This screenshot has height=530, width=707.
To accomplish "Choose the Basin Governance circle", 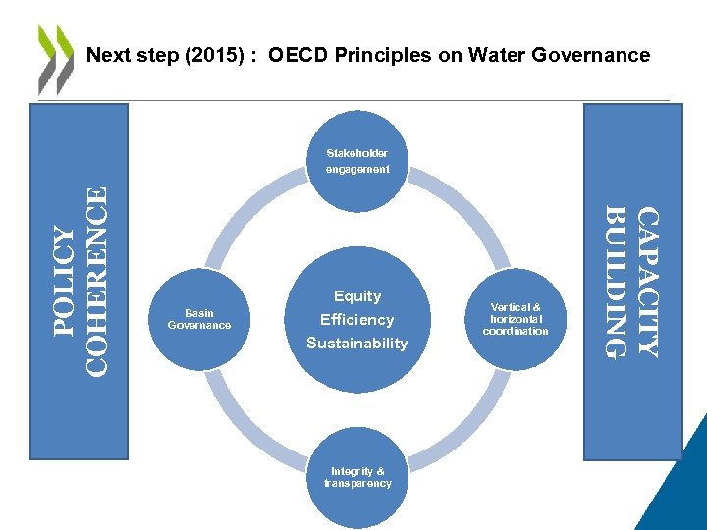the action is coord(199,319).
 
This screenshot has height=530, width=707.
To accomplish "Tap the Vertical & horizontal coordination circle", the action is coord(516,319).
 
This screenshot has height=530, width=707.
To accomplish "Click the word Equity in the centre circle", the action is coord(357,295).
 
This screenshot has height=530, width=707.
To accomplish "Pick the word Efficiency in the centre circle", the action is coord(357,319).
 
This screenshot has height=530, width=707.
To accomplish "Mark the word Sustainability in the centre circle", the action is coord(357,343).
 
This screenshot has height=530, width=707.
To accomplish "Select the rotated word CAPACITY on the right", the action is coord(648,281).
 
